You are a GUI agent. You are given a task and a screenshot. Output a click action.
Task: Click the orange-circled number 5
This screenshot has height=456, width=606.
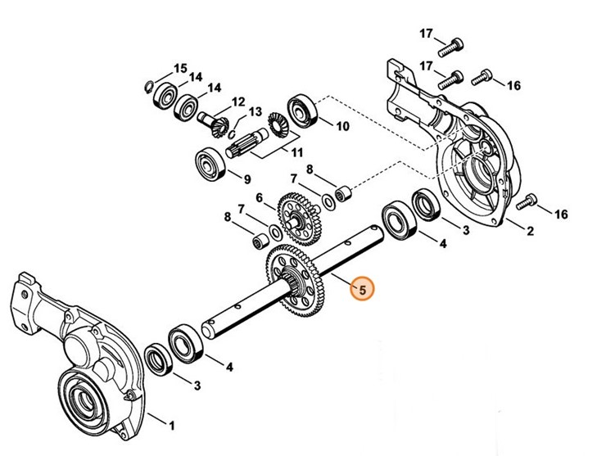click(x=361, y=290)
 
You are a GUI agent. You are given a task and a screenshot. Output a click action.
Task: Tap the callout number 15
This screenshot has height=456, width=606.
click(x=180, y=67)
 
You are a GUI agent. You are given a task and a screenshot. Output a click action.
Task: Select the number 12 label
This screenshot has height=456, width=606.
click(x=238, y=102)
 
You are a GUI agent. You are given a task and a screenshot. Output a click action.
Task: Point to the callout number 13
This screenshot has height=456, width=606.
click(x=255, y=112)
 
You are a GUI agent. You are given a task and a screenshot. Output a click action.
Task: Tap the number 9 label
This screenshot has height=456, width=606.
click(x=246, y=178)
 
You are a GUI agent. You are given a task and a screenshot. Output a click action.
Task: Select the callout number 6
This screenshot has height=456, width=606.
click(x=259, y=197)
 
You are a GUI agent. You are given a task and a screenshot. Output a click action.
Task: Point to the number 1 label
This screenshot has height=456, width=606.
click(x=171, y=426)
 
